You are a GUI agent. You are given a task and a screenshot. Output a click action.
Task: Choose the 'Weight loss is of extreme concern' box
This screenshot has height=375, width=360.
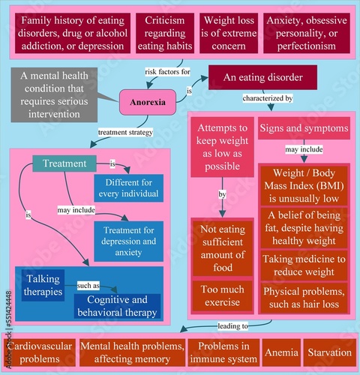228,33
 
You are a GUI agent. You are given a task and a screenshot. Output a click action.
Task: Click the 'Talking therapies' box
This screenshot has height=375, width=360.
43,284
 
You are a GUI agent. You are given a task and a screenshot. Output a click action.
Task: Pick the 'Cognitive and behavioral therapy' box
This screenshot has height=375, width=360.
117,304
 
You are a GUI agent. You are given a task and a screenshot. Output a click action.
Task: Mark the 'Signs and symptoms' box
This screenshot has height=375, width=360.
303,128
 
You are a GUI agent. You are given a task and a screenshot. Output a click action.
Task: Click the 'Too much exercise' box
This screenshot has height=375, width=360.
222,295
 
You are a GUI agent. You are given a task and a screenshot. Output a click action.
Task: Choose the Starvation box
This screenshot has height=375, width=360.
329,352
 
